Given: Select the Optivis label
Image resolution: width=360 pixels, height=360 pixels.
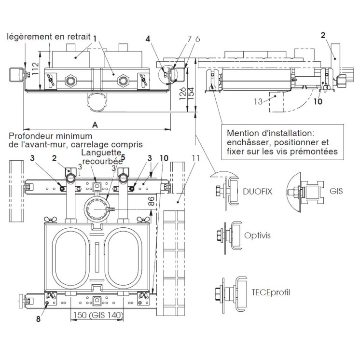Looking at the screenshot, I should (258, 235).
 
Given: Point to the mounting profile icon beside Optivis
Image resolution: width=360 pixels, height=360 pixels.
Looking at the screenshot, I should (227, 236).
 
